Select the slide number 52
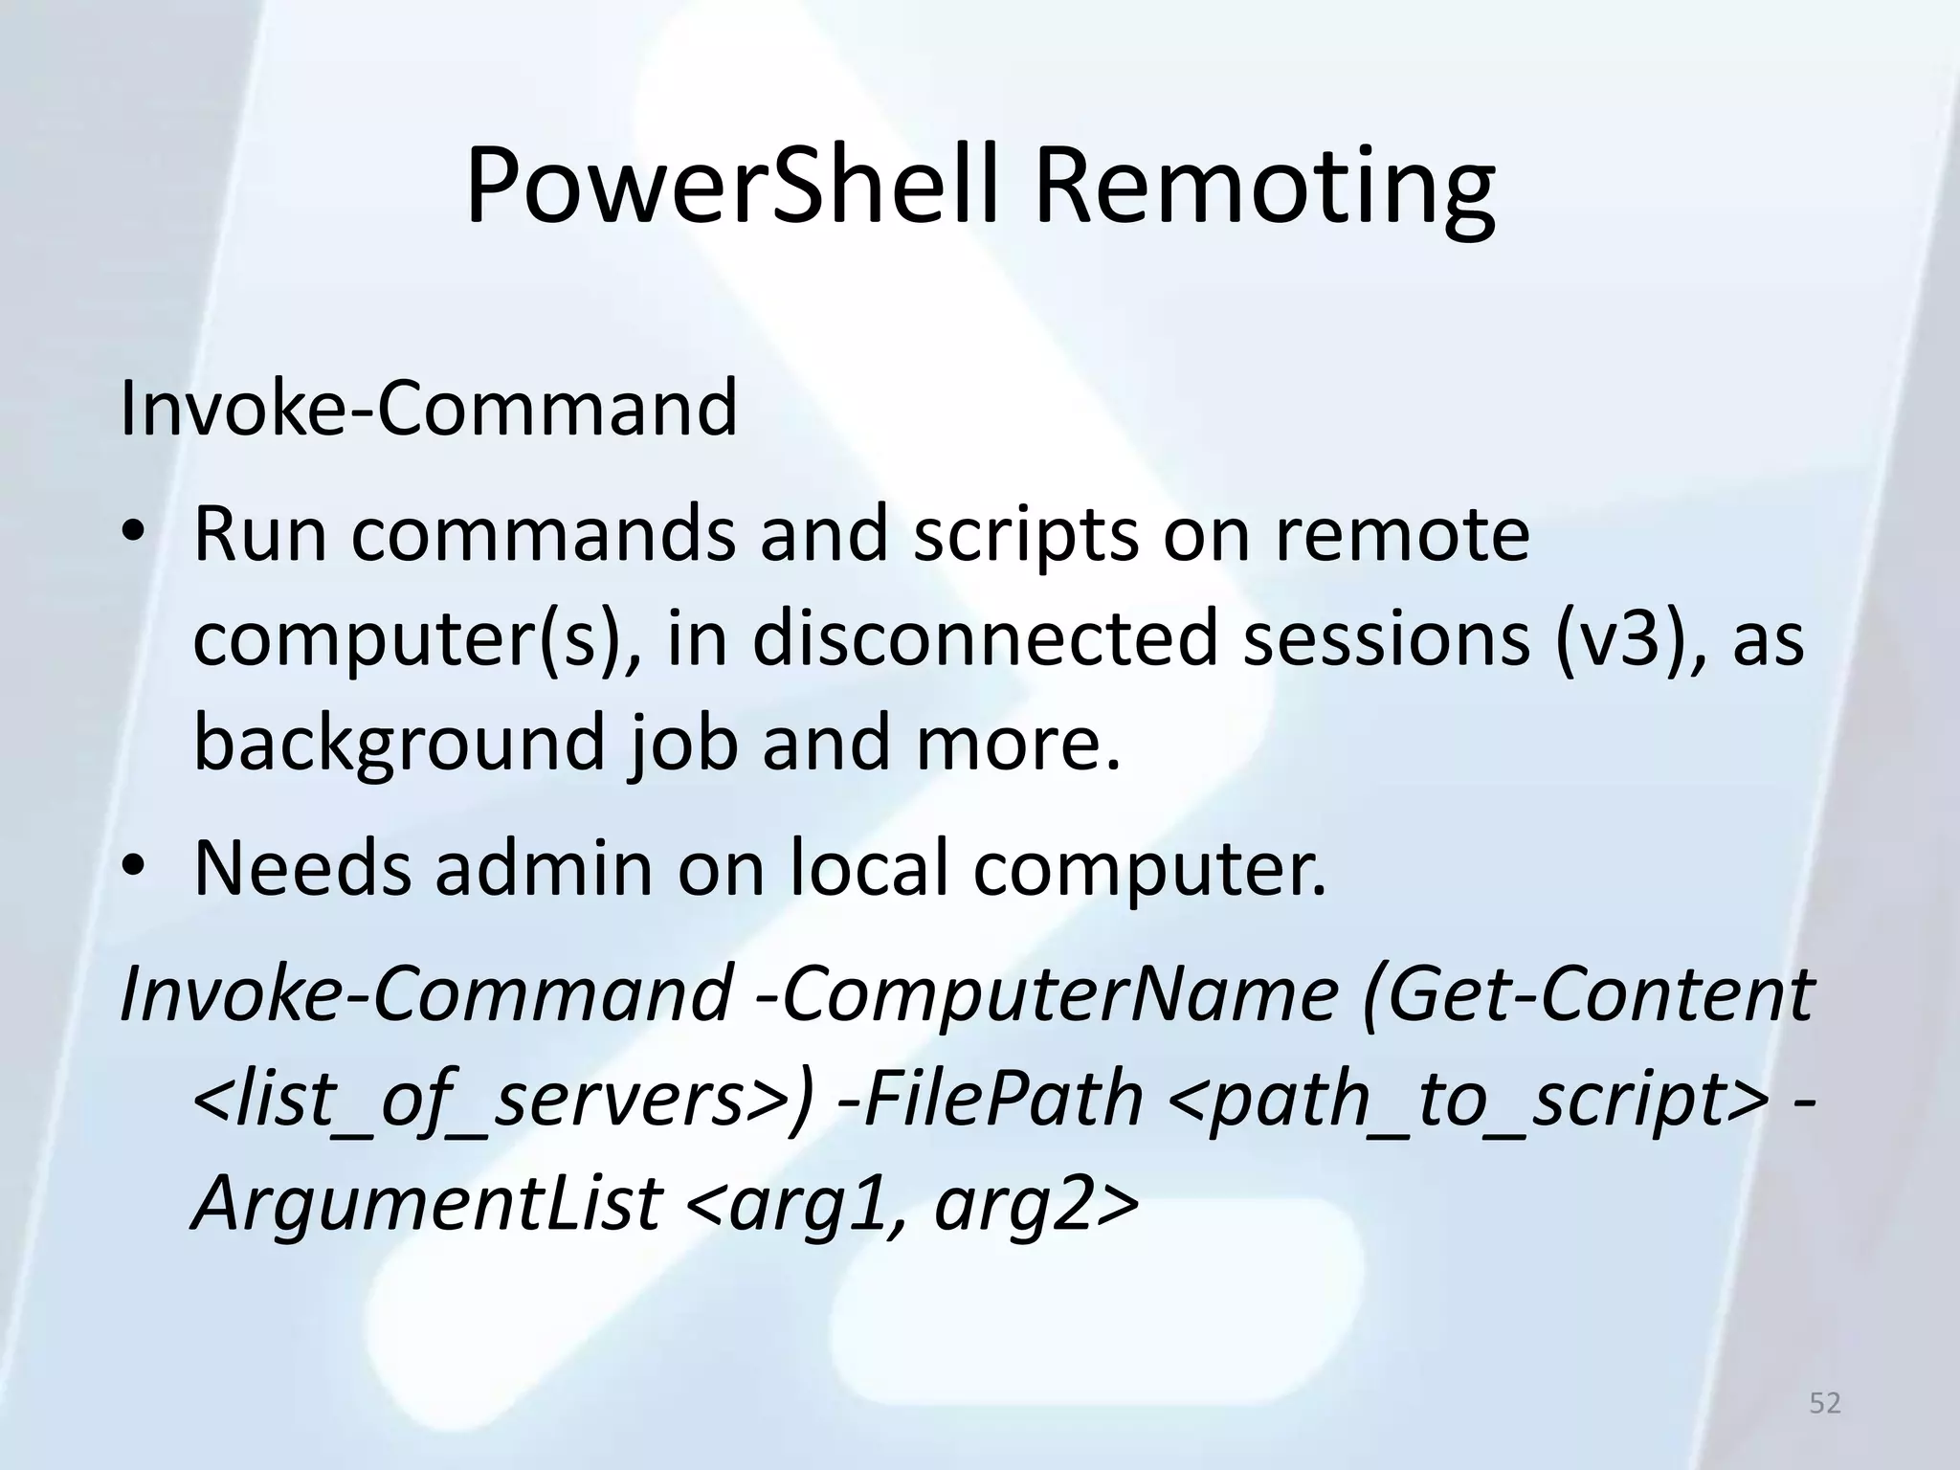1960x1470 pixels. coord(1825,1403)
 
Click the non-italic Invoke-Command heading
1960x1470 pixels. coord(428,408)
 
